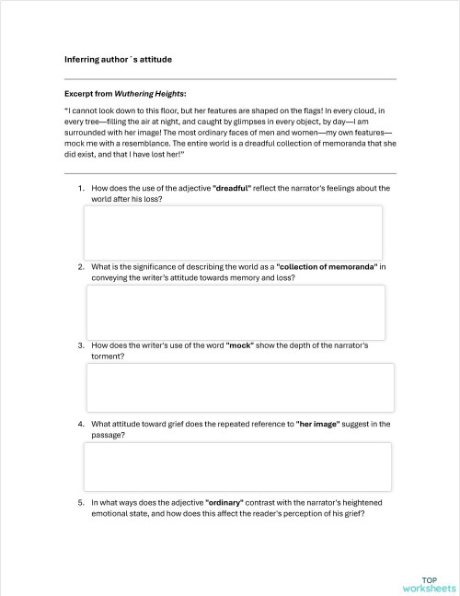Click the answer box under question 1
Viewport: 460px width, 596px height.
point(232,232)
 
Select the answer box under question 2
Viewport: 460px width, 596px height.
point(236,312)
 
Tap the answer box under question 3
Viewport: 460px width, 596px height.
point(240,387)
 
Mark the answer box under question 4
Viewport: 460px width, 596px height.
point(237,466)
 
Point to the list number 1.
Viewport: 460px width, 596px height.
point(81,188)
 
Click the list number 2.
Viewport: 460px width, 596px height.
point(81,267)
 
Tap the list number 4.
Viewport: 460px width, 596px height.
point(81,425)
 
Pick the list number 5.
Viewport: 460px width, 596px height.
point(81,503)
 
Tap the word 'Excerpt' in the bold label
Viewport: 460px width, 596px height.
point(81,93)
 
